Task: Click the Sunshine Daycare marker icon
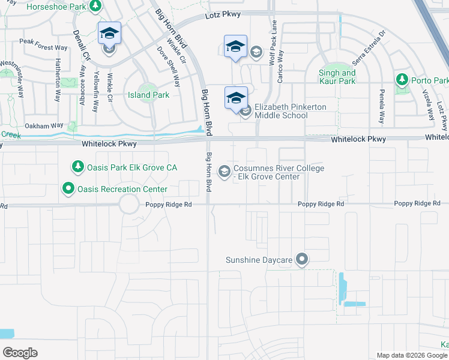tap(302, 260)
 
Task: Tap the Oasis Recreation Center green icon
tap(69, 189)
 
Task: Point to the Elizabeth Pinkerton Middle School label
tap(291, 111)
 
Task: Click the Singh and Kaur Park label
tap(337, 77)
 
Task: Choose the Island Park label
tap(148, 95)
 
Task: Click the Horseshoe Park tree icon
tap(95, 5)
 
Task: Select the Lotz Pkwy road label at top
tap(222, 14)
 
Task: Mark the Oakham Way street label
tap(44, 126)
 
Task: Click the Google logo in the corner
tap(20, 352)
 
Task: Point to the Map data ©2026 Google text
tap(412, 355)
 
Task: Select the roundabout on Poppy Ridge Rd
tap(128, 205)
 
